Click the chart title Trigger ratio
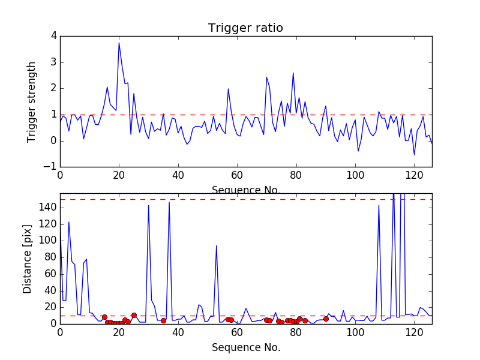tap(245, 28)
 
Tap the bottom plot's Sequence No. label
tap(245, 347)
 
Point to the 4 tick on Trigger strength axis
tap(54, 36)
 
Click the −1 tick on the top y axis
tap(52, 167)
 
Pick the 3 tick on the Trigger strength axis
tap(54, 62)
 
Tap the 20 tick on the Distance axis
tap(51, 307)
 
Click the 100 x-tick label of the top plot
tap(355, 176)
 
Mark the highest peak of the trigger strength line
tap(119, 43)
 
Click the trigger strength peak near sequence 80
tap(293, 73)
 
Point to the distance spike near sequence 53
tap(217, 245)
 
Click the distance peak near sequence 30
tap(148, 205)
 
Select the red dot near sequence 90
tap(326, 319)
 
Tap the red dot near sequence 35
tap(163, 320)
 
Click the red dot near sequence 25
tap(134, 315)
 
